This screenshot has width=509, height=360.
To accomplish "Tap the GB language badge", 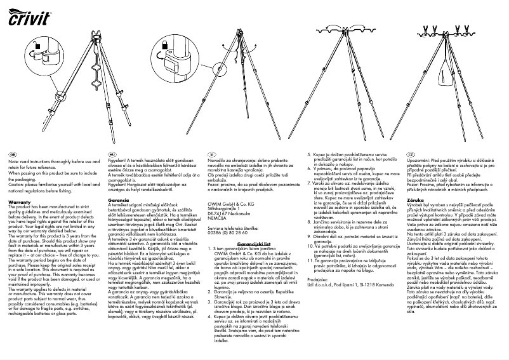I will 12,154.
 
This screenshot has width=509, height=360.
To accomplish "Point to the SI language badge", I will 213,154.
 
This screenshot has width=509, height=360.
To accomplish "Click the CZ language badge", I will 411,154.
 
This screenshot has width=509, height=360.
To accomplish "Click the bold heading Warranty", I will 20,183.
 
